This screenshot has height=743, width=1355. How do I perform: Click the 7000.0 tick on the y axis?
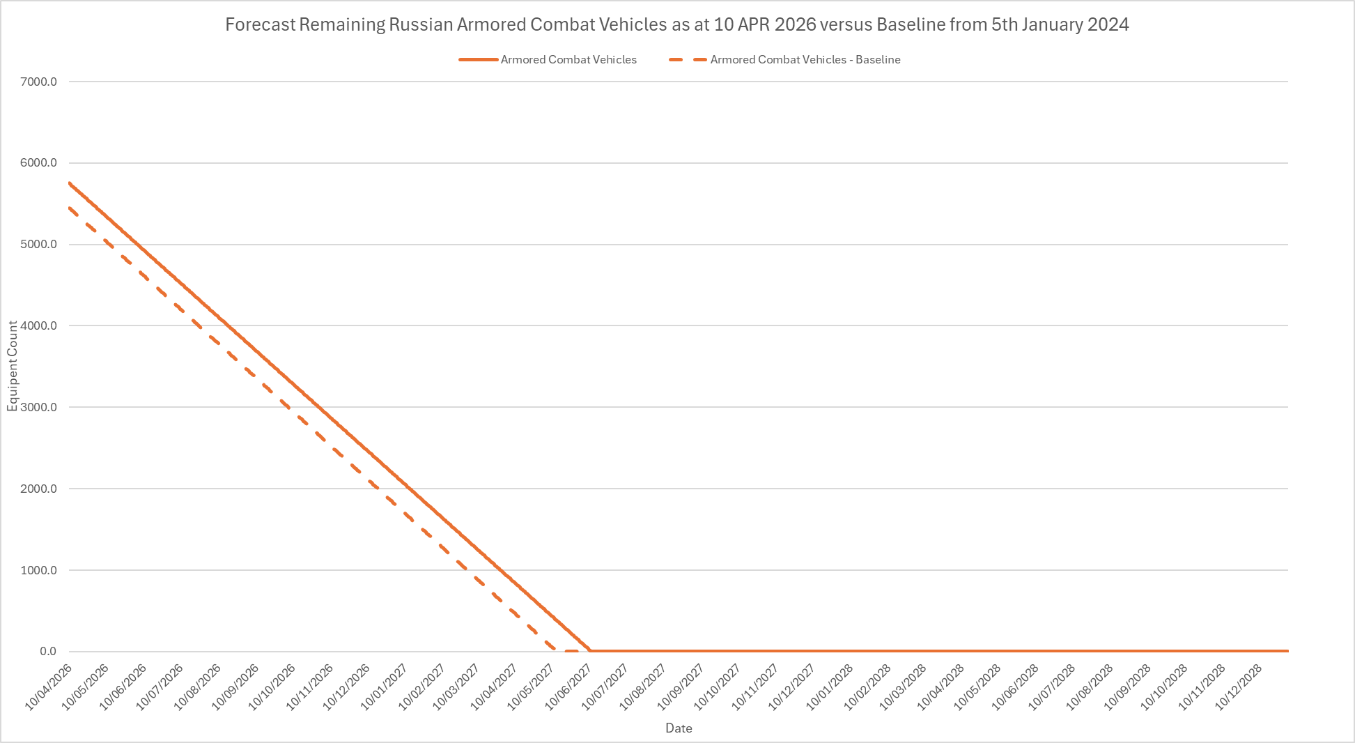coord(39,82)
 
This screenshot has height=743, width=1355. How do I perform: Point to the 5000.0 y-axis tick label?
coord(39,245)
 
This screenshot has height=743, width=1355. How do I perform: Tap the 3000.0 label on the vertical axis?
coord(39,407)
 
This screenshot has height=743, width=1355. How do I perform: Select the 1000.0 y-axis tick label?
coord(39,570)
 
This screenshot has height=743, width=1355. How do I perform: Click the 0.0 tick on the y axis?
coord(48,651)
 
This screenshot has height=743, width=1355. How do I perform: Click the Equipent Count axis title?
coord(13,366)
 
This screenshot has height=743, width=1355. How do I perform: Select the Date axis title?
coord(679,728)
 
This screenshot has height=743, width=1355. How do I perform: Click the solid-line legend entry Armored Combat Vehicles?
coord(568,60)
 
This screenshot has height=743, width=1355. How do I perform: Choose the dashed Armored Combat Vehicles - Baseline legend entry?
coord(805,60)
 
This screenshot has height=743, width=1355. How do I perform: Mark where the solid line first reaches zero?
coord(590,651)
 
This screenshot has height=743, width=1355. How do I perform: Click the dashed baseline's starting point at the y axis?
coord(70,208)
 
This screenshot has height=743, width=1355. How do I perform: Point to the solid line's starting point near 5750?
coord(70,183)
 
